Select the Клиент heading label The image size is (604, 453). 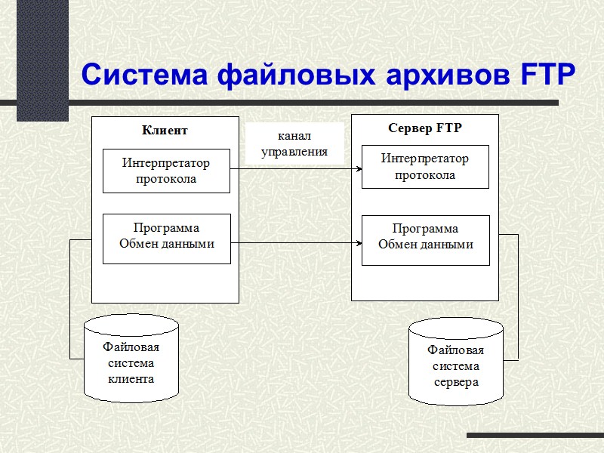pos(165,130)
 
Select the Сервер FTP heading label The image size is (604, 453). pos(424,128)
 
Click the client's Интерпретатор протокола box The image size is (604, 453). pos(166,171)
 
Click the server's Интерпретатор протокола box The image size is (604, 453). pos(425,167)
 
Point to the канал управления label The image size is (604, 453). pos(294,143)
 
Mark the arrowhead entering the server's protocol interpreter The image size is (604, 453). pos(359,168)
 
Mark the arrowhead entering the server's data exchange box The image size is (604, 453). pos(359,243)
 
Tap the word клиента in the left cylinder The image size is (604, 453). pos(131,378)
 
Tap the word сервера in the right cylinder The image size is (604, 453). pos(456,381)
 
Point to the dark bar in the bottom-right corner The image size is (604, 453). pos(535,436)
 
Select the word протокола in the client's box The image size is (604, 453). pos(166,179)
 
